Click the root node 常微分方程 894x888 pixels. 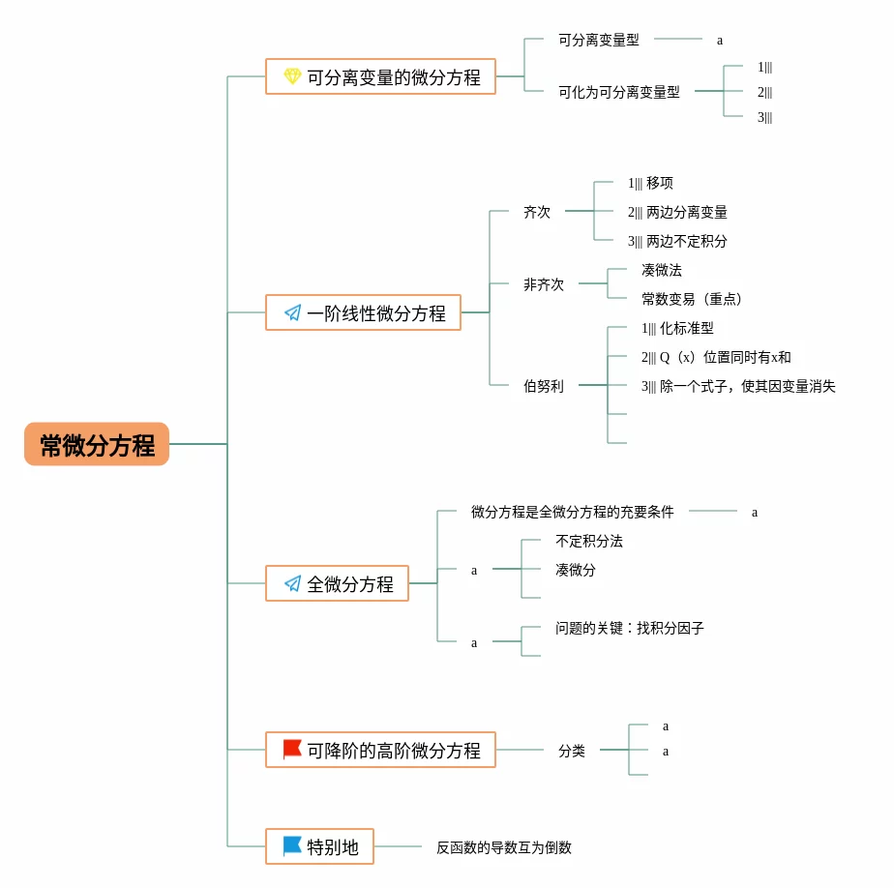point(97,444)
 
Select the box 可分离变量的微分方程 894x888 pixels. point(380,76)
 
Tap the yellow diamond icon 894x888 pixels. point(292,76)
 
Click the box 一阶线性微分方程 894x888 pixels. point(363,312)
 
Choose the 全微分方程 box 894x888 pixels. point(337,583)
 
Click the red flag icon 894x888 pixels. point(292,749)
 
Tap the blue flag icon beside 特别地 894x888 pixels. point(292,845)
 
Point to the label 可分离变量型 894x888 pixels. point(599,40)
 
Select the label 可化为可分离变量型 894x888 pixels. point(619,92)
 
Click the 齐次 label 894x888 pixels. point(537,212)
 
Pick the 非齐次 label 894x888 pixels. point(544,284)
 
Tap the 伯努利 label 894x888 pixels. point(544,386)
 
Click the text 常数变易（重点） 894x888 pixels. point(692,299)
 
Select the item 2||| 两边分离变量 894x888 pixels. point(677,212)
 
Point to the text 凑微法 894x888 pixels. point(662,270)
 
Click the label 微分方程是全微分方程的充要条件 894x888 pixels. point(573,512)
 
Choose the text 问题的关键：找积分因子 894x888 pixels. point(630,628)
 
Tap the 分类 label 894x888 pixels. point(572,751)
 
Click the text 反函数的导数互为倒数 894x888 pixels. point(504,847)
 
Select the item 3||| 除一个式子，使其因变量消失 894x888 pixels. point(738,386)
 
